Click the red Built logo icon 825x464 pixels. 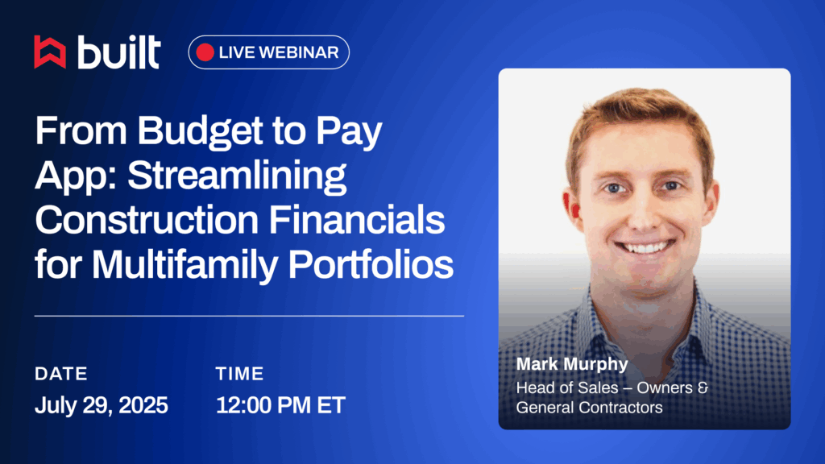[x=50, y=52]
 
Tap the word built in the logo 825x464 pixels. [x=119, y=52]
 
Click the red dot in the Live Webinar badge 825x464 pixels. [x=205, y=52]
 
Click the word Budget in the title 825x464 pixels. [x=200, y=131]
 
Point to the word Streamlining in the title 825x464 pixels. [x=237, y=176]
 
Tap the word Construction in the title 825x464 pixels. [x=147, y=220]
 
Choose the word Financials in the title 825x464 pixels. [x=357, y=220]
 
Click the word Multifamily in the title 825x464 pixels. [x=184, y=265]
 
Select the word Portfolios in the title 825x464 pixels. [x=371, y=264]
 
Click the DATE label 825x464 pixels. [x=61, y=374]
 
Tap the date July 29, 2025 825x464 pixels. [x=102, y=405]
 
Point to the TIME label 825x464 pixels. [x=239, y=374]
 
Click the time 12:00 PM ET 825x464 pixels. [x=280, y=405]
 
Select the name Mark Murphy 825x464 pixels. [x=572, y=364]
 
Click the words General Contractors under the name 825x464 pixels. [x=589, y=407]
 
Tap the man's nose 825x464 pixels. [x=643, y=210]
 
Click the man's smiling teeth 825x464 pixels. [x=645, y=246]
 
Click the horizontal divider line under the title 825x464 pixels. [x=250, y=316]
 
